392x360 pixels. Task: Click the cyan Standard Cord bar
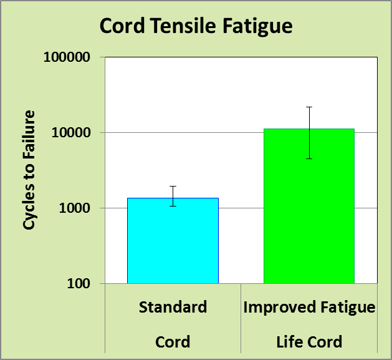[x=173, y=241]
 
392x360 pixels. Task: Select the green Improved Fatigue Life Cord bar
[x=309, y=206]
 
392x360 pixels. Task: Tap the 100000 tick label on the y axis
[x=67, y=57]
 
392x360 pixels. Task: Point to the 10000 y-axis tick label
[x=71, y=132]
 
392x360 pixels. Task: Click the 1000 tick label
[x=75, y=208]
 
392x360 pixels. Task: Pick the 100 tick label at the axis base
[x=79, y=284]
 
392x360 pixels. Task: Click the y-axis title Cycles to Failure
[x=29, y=170]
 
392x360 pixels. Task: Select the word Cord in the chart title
[x=122, y=26]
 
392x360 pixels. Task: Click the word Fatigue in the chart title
[x=257, y=27]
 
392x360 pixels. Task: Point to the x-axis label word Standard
[x=173, y=307]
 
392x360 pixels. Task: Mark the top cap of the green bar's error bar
[x=309, y=107]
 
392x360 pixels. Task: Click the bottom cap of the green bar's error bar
[x=309, y=158]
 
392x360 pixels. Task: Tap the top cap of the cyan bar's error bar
[x=173, y=187]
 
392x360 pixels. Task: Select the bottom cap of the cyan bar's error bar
[x=173, y=206]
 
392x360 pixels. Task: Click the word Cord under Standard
[x=173, y=342]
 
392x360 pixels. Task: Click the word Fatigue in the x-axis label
[x=348, y=308]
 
